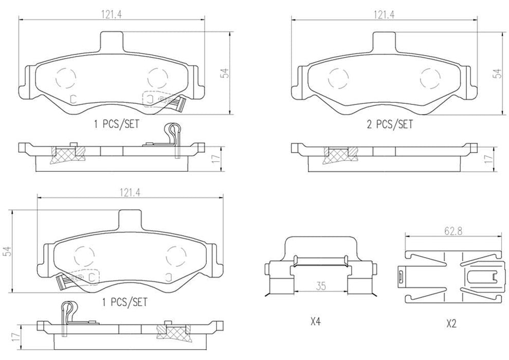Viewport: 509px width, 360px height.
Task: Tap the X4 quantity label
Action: point(315,323)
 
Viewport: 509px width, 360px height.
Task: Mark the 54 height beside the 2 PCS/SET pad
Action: point(497,73)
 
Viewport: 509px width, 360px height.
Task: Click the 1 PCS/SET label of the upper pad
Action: point(116,124)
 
